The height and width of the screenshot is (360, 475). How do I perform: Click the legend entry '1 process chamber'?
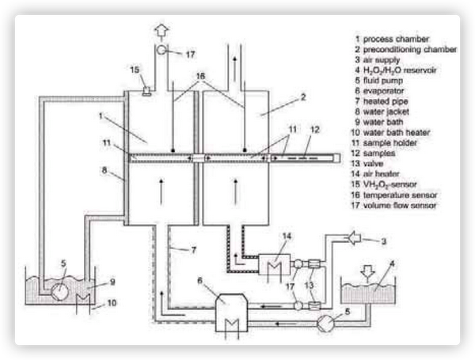393,38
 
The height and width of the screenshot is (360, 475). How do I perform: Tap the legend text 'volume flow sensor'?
403,206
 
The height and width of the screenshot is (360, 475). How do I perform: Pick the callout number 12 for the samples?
314,129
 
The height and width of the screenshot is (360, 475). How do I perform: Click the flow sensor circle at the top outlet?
161,51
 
